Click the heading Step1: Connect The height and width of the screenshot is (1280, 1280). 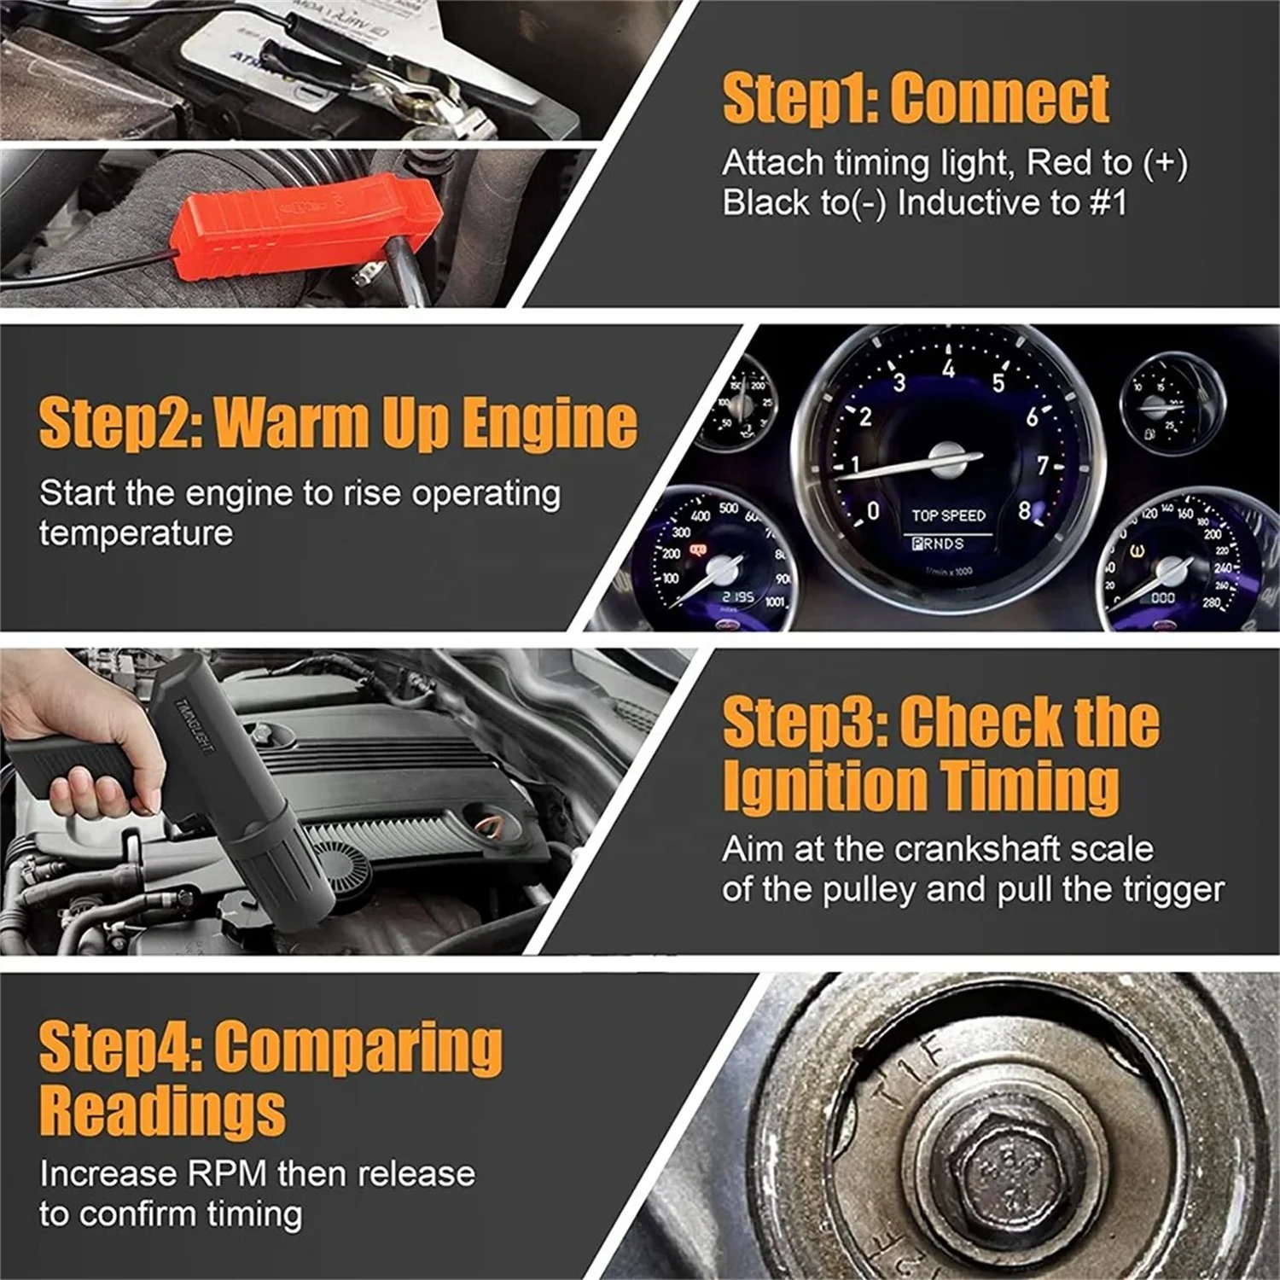(915, 99)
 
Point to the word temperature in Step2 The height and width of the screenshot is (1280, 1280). (136, 533)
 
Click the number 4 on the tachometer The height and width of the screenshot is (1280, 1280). (948, 369)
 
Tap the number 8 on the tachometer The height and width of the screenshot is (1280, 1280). (1024, 510)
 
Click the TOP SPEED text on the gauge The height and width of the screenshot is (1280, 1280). (948, 515)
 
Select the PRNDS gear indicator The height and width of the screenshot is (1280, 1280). (938, 544)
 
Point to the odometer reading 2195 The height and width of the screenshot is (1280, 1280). (737, 596)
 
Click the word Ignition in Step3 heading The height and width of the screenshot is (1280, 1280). (823, 785)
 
